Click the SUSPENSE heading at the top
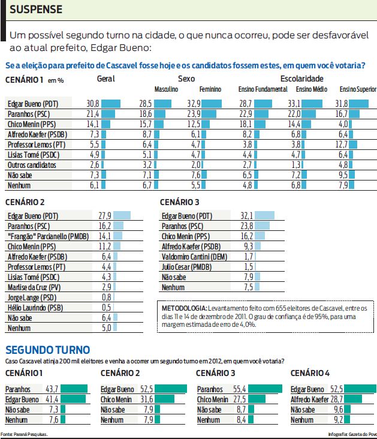point(36,10)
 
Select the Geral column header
point(106,79)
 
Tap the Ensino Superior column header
point(358,89)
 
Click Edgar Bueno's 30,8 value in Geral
point(92,103)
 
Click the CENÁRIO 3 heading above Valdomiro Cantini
point(180,202)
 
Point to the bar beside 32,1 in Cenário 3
point(260,215)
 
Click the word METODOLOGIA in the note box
point(185,308)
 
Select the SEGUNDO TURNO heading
point(47,350)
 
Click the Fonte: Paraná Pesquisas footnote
point(24,434)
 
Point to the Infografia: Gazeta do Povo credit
point(352,434)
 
